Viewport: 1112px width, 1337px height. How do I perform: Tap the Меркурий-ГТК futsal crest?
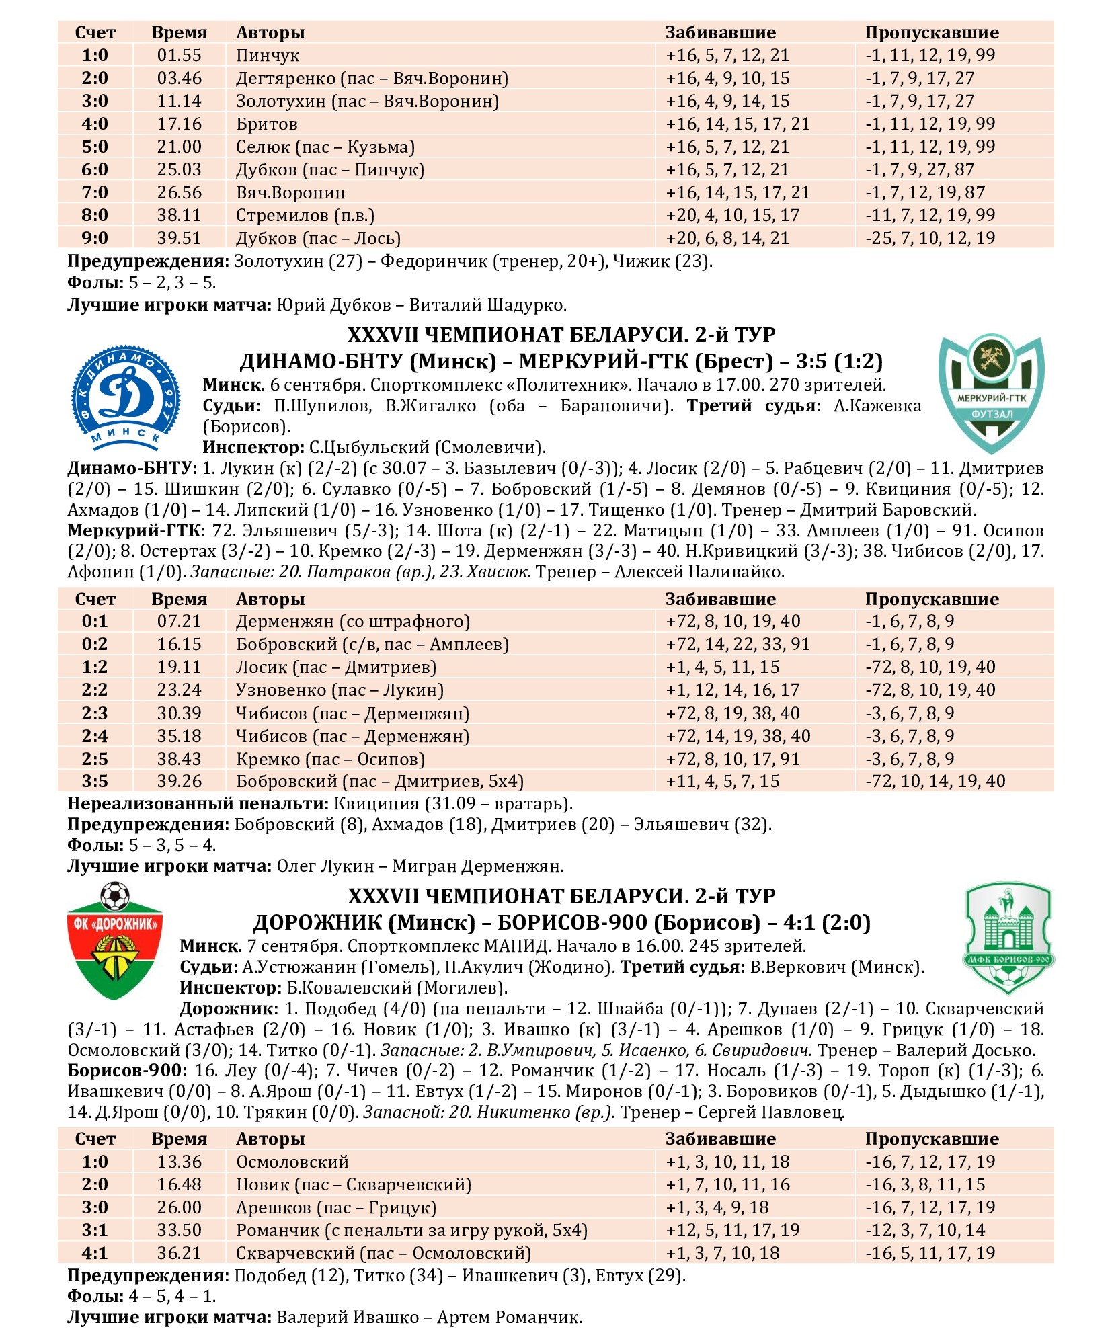click(991, 394)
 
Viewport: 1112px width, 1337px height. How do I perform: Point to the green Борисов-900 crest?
click(1008, 939)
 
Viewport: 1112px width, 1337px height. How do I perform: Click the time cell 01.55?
click(179, 56)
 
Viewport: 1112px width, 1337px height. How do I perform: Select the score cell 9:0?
click(95, 239)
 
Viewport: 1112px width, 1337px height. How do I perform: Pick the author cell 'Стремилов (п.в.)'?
click(305, 216)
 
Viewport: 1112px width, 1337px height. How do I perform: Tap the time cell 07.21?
click(179, 622)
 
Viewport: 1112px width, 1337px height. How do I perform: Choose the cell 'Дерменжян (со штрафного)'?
click(353, 622)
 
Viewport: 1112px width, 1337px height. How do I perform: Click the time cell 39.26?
click(179, 782)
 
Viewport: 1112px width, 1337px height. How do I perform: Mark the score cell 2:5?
click(95, 759)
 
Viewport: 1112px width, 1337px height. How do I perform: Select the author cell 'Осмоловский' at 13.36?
click(292, 1162)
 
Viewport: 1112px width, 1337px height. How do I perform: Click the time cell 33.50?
click(179, 1231)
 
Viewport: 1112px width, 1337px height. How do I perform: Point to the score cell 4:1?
click(95, 1254)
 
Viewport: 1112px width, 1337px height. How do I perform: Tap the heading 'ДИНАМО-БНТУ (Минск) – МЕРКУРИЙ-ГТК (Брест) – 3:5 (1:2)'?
click(561, 362)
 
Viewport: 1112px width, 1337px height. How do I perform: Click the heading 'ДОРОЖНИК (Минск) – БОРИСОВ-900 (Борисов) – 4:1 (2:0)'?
click(561, 923)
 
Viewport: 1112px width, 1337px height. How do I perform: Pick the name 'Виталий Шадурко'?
click(488, 305)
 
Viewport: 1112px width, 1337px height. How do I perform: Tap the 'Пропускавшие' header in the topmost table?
click(932, 33)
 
